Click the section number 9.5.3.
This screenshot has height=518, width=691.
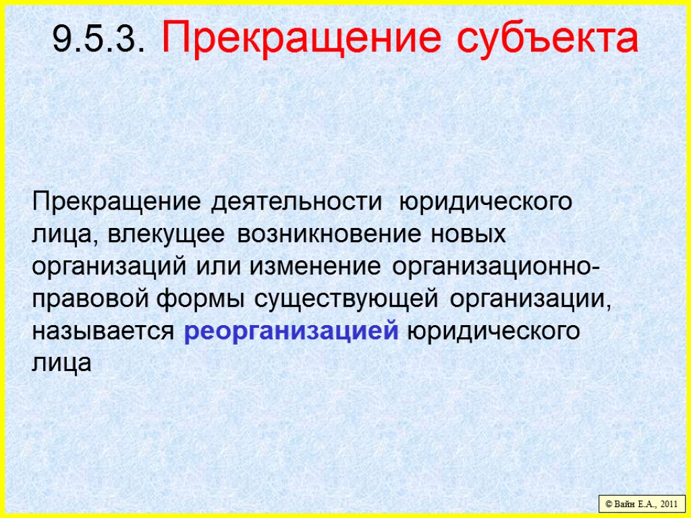[98, 41]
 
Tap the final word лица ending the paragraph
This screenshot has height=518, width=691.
[61, 364]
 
